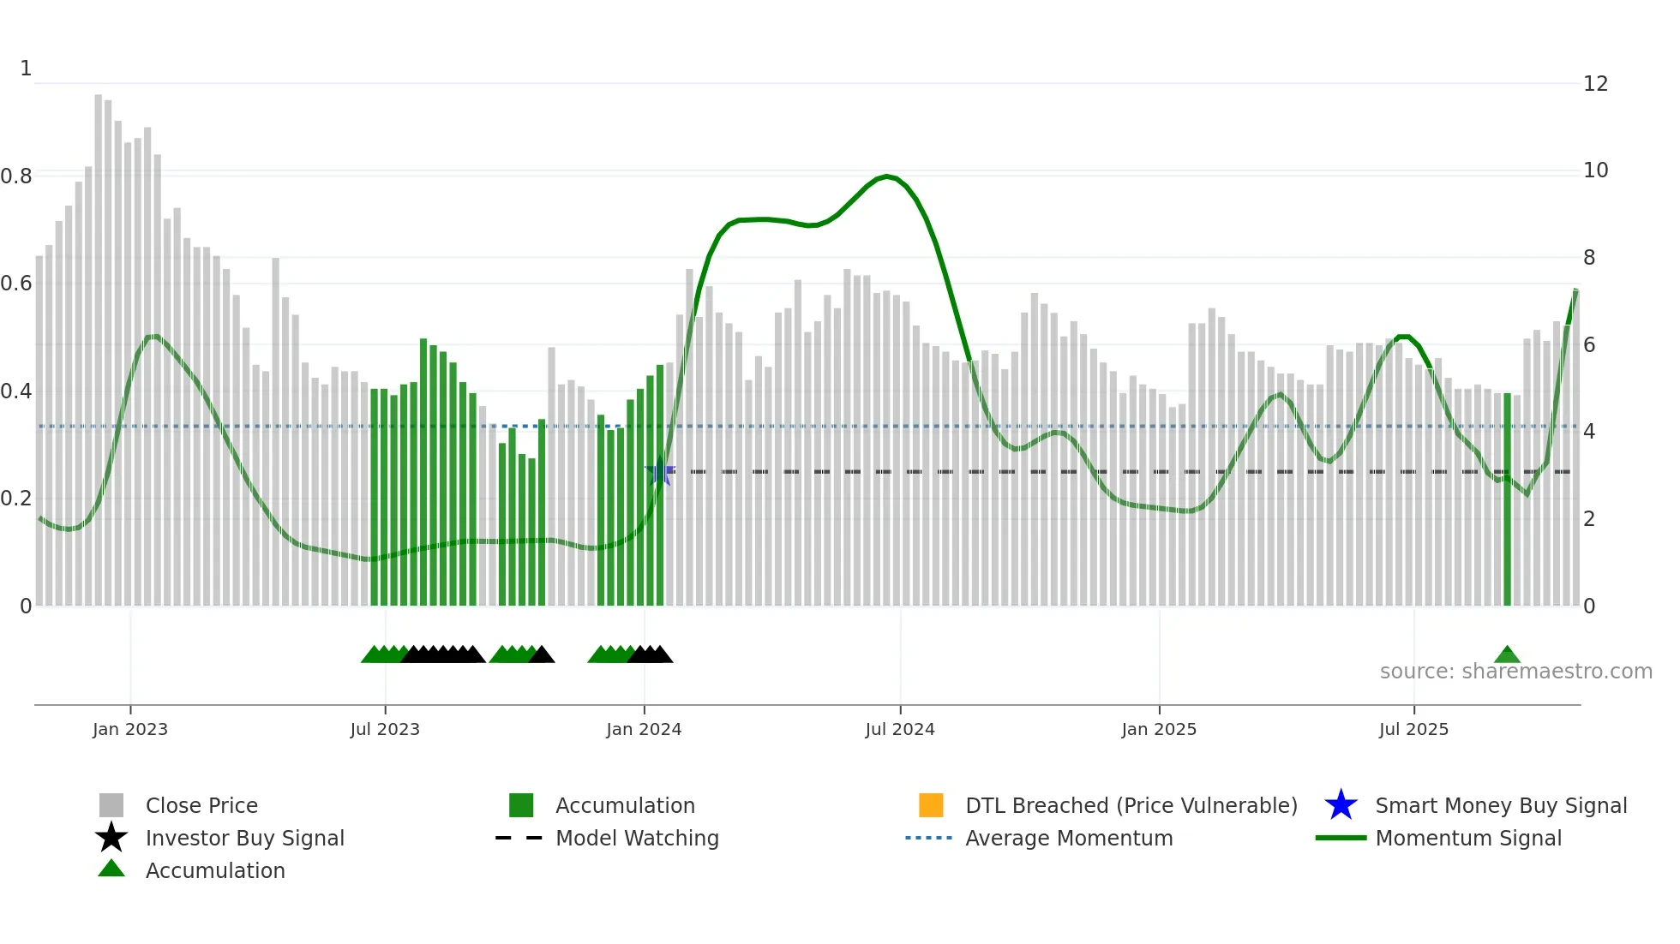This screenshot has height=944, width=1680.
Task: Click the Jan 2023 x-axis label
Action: [x=130, y=729]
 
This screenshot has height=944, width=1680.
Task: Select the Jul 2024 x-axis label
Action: [x=900, y=729]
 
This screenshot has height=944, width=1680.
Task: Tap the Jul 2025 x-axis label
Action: [x=1413, y=729]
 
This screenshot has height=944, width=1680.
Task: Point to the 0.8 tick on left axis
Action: [x=16, y=176]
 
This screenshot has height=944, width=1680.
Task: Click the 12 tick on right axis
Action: [x=1595, y=84]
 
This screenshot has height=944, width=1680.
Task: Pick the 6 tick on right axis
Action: [x=1588, y=344]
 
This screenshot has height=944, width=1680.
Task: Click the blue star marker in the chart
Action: [x=659, y=472]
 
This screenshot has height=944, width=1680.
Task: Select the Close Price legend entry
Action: [x=201, y=805]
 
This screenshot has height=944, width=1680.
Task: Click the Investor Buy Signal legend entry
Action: [x=244, y=838]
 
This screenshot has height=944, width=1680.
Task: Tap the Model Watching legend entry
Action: [x=637, y=838]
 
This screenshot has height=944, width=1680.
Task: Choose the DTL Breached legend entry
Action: [x=1131, y=805]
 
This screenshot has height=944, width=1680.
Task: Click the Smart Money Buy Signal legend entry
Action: [x=1500, y=805]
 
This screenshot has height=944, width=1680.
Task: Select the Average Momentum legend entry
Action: [x=1068, y=838]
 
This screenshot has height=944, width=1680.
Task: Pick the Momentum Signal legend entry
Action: [x=1467, y=838]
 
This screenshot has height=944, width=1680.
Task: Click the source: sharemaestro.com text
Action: [x=1515, y=671]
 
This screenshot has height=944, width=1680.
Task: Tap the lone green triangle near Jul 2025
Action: [x=1507, y=655]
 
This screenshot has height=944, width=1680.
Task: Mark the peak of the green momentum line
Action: [x=887, y=176]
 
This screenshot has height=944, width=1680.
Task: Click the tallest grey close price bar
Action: [x=99, y=343]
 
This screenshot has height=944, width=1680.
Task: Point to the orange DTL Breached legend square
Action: [x=931, y=805]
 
